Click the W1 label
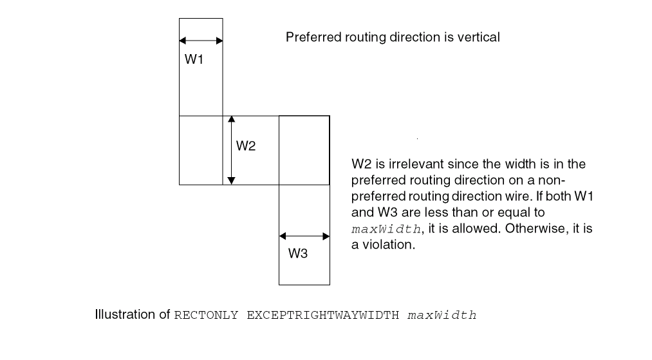click(x=194, y=60)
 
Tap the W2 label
click(x=246, y=146)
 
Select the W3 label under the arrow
click(x=297, y=253)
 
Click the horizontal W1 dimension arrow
click(x=201, y=41)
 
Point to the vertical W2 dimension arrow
click(x=232, y=150)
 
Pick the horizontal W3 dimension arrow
click(x=304, y=236)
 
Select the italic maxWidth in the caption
click(x=442, y=316)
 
